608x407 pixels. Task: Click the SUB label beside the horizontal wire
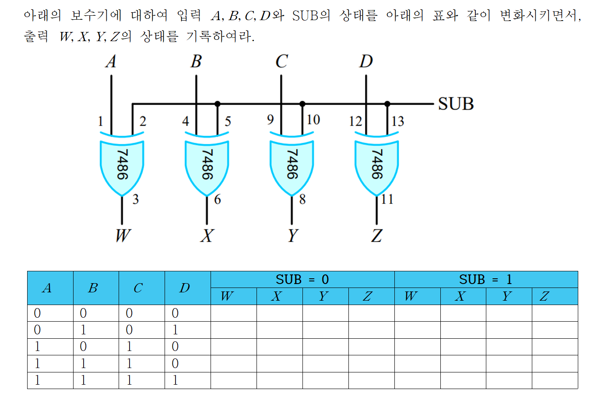456,104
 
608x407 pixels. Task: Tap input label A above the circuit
111,61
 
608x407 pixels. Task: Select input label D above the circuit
366,61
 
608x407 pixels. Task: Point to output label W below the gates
123,235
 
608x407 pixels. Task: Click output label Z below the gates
376,235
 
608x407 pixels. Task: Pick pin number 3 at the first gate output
136,200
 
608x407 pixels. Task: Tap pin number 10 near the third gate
313,119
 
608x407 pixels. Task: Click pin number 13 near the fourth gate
397,121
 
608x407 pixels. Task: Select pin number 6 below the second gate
218,200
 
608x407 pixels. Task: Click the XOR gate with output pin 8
292,165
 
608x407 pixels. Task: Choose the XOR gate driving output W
122,165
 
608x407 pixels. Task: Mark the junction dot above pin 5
218,104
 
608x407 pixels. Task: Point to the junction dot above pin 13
387,104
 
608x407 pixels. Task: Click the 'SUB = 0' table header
302,279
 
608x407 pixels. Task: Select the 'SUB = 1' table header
485,279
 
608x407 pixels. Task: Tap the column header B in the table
93,288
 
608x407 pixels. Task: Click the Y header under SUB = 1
507,296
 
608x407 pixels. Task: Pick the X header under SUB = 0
276,296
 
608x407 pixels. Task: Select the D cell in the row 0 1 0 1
175,330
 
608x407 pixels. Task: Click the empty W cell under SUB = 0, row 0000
233,313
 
